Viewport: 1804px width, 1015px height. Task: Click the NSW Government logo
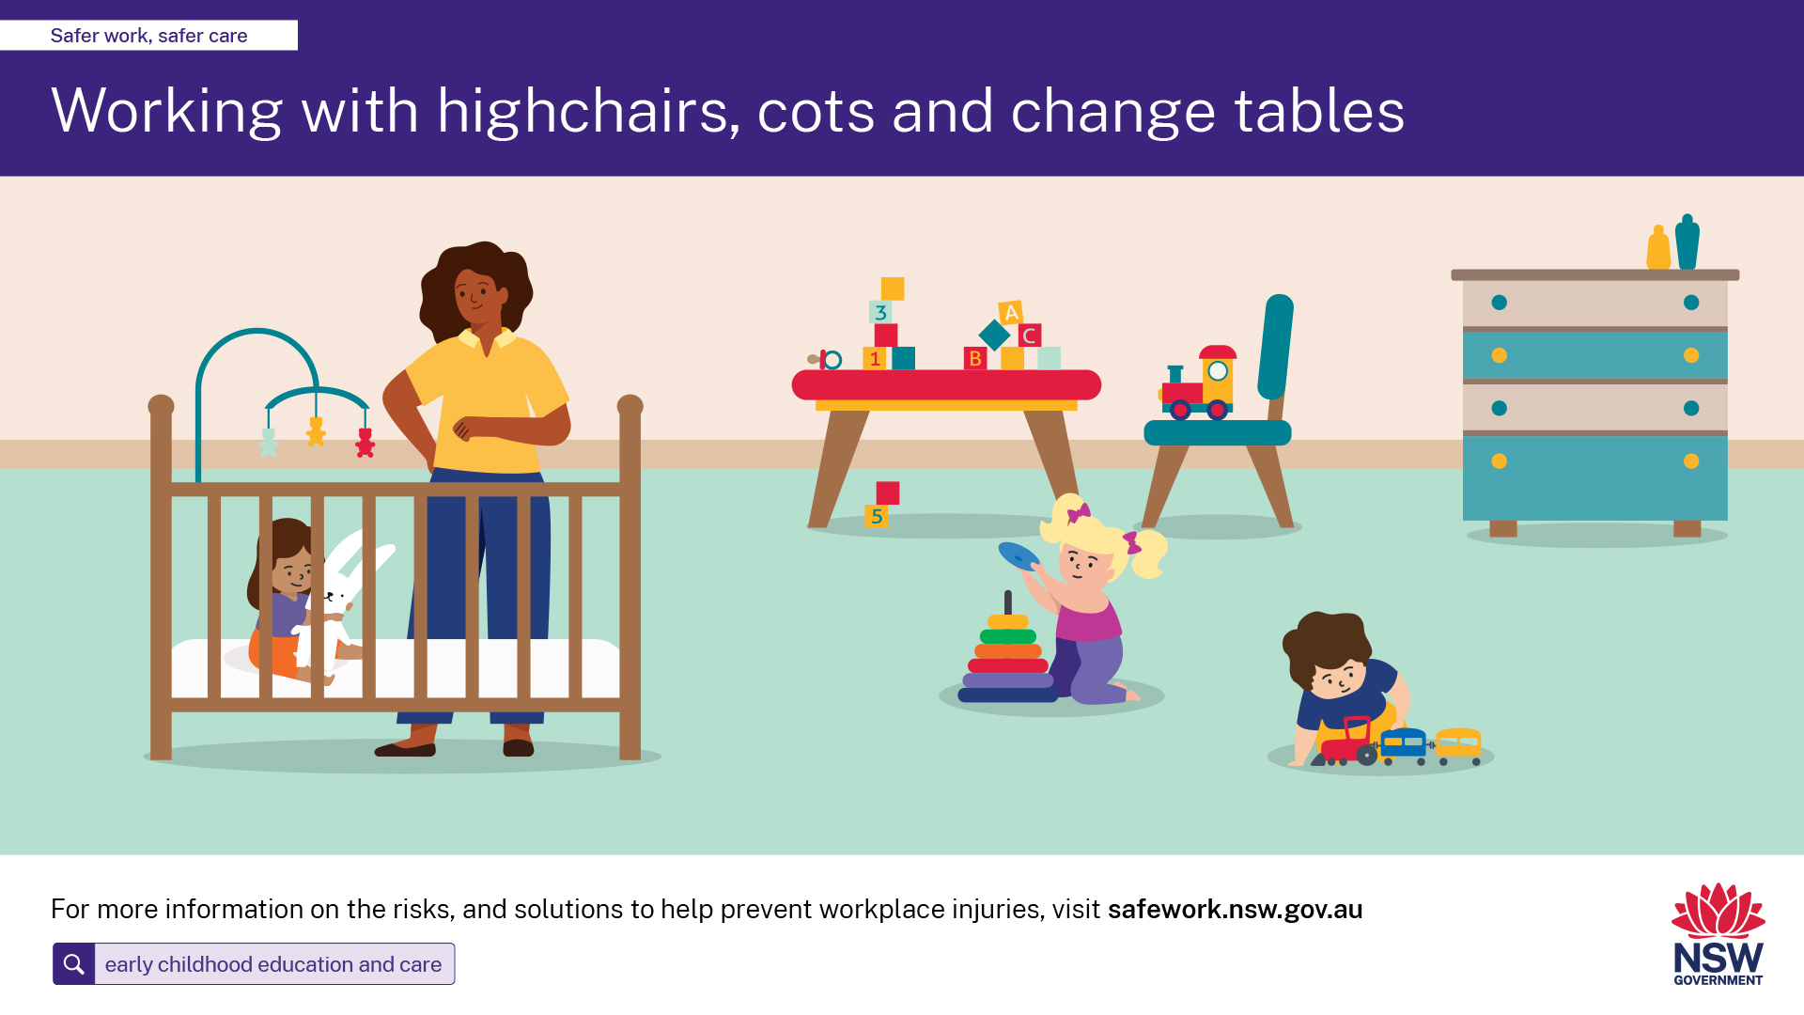(1718, 934)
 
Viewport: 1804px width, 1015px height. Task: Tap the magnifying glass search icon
(73, 964)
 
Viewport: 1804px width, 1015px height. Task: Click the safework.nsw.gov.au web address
(1235, 910)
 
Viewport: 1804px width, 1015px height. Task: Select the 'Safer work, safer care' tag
(148, 36)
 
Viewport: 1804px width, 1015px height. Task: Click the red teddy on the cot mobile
(365, 443)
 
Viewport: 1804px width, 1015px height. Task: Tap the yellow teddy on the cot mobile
(317, 431)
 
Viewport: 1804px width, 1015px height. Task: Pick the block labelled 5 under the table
(876, 516)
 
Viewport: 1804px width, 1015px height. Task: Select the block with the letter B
(975, 358)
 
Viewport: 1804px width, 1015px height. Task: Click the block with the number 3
(880, 312)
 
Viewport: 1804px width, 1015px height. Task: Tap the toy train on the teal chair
(1198, 383)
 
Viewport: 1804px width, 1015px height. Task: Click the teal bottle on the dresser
(1687, 242)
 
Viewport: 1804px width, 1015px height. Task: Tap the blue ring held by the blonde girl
(1019, 556)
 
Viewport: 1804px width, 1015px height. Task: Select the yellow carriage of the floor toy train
(1458, 744)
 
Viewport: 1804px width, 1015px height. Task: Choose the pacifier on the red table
(825, 359)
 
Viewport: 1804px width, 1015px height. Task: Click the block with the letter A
(1011, 312)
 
